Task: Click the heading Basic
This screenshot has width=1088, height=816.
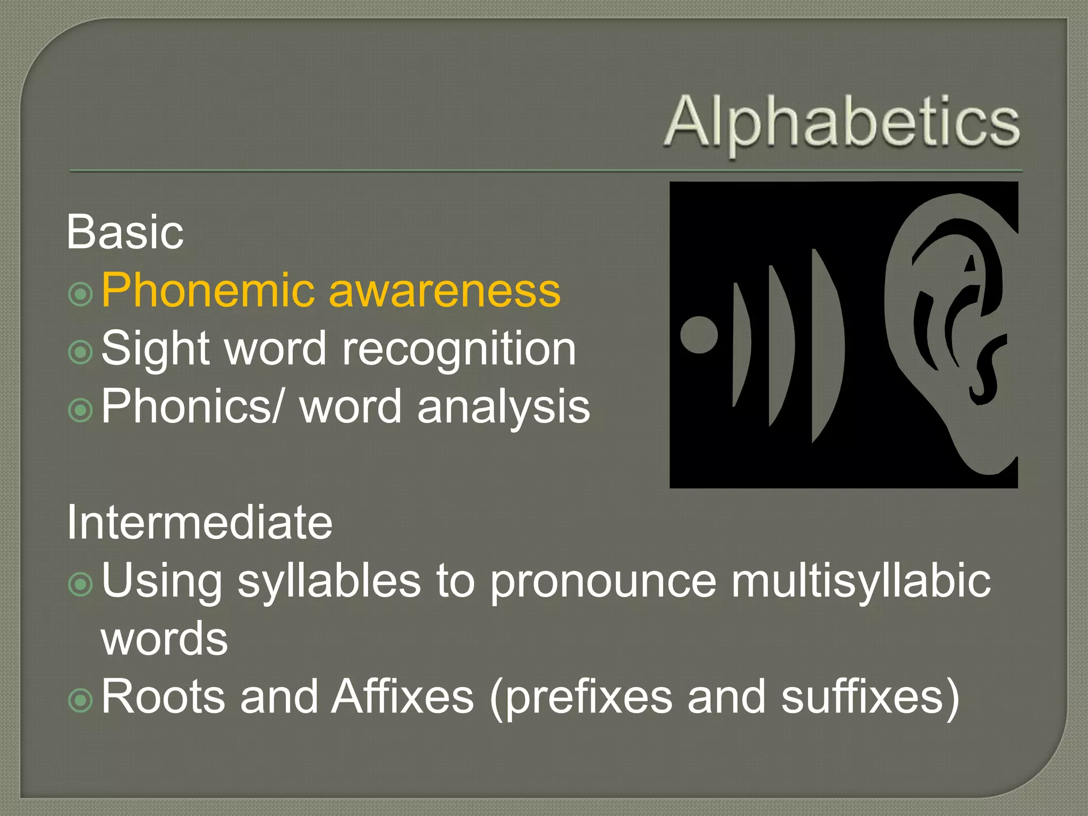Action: (x=125, y=232)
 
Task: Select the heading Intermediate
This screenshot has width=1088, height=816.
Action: (x=199, y=522)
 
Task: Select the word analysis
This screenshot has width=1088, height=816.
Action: (x=504, y=407)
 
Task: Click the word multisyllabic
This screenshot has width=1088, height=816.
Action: (x=861, y=581)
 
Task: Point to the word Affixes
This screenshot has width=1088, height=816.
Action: (x=402, y=696)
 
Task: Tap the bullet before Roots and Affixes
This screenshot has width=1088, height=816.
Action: (x=81, y=700)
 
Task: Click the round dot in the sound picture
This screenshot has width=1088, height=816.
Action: (x=699, y=335)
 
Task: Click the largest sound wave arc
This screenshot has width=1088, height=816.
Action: (x=828, y=345)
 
